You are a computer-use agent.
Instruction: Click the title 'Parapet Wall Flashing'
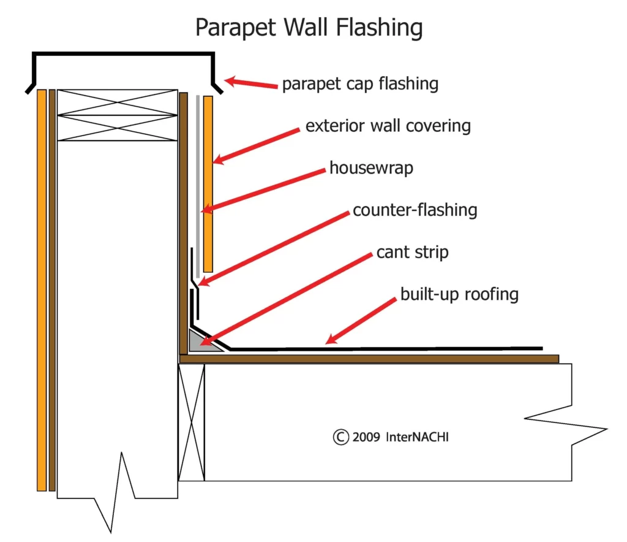click(309, 28)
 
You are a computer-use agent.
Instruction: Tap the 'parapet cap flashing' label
click(360, 84)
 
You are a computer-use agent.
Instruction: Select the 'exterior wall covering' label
click(388, 126)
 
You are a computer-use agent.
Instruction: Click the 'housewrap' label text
click(371, 167)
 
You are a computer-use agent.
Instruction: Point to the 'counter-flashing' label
click(415, 210)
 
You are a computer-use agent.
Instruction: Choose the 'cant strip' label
click(412, 252)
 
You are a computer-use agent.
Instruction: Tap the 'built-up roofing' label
click(459, 294)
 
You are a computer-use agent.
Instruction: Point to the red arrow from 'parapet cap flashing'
click(251, 83)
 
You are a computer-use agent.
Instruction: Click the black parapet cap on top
click(122, 55)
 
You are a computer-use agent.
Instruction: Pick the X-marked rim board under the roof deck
click(191, 422)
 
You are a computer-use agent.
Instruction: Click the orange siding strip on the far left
click(42, 288)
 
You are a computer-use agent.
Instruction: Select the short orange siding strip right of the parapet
click(208, 184)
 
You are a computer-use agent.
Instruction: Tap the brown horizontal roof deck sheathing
click(367, 359)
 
